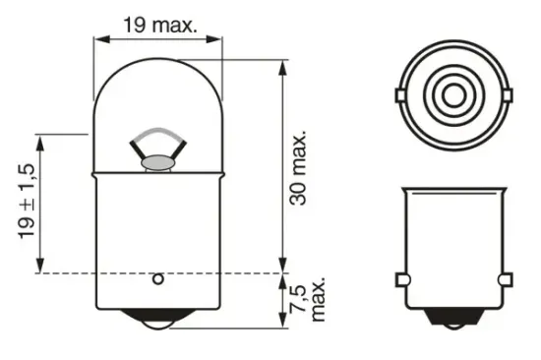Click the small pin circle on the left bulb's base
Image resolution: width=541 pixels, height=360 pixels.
(x=156, y=278)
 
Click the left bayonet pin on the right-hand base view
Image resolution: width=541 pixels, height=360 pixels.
(x=400, y=280)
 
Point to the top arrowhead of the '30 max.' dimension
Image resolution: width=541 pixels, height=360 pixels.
(x=283, y=65)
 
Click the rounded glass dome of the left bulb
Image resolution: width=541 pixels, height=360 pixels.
(x=156, y=93)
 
